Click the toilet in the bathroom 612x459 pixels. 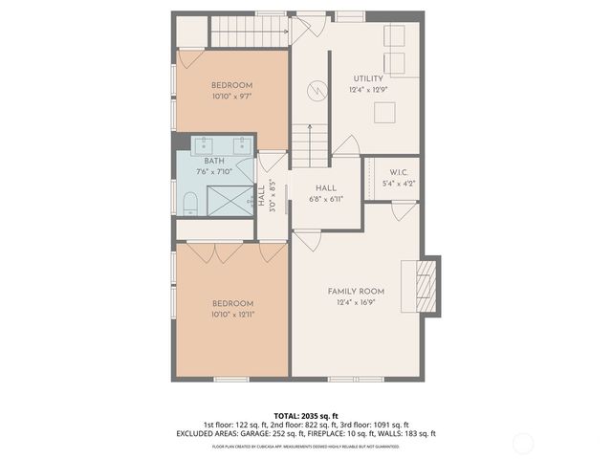click(189, 202)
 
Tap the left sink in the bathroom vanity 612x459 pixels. click(204, 145)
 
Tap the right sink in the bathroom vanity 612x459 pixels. click(241, 145)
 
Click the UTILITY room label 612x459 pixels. click(368, 78)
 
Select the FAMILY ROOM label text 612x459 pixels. click(356, 291)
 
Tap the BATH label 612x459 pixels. click(214, 161)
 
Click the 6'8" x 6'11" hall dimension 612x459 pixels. click(325, 200)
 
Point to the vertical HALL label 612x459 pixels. click(261, 196)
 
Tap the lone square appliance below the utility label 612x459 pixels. click(384, 113)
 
